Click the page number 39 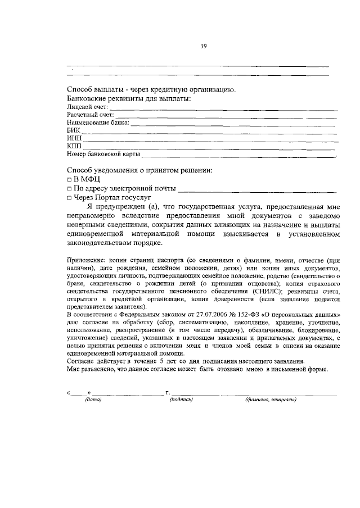pos(204,46)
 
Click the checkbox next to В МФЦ pos(69,179)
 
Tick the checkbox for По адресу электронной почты pos(69,189)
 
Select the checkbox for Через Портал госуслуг pos(69,198)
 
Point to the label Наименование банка pos(98,122)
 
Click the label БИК pos(73,130)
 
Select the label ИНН pos(74,138)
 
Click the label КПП pos(74,146)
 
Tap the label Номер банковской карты pos(103,154)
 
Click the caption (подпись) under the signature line pos(181,400)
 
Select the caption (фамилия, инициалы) pos(271,400)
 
